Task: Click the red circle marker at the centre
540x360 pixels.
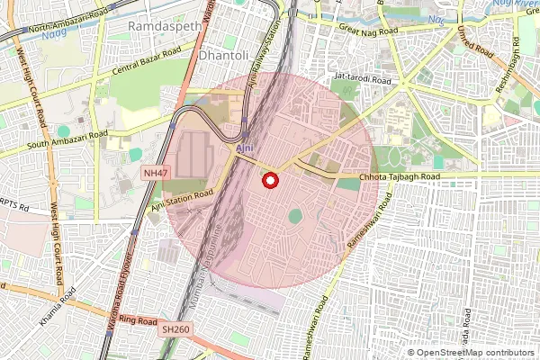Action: click(x=269, y=181)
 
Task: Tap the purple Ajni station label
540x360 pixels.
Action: click(x=243, y=146)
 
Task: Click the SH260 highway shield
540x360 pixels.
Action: click(x=176, y=330)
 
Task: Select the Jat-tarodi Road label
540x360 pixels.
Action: click(x=364, y=80)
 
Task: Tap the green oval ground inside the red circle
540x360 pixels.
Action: click(x=295, y=217)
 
